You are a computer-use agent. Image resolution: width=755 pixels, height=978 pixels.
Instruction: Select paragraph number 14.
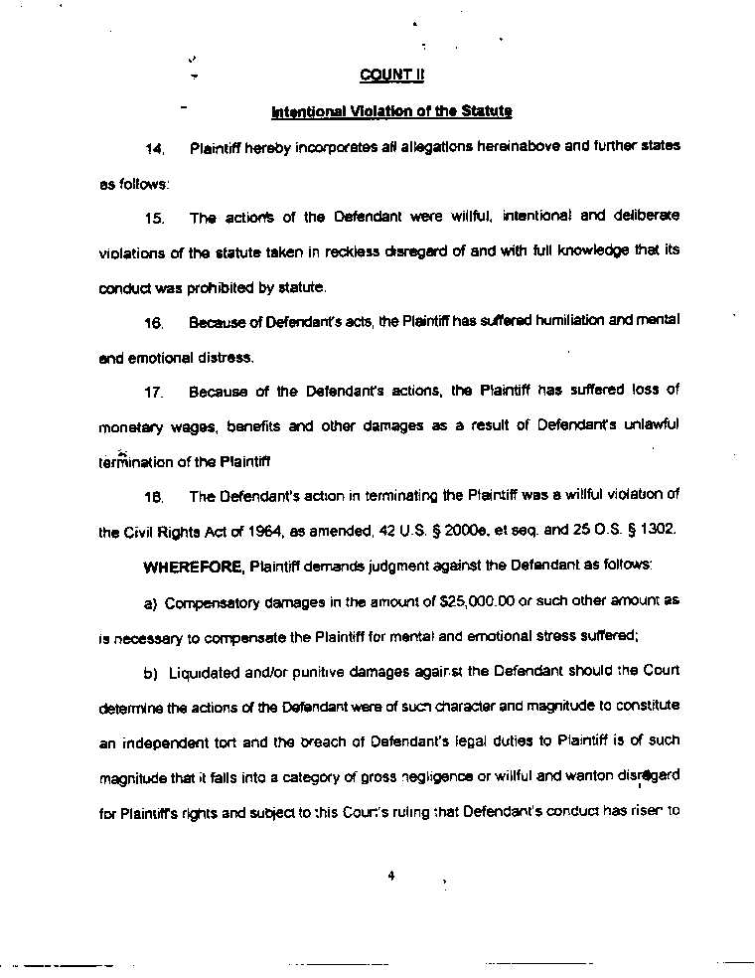click(x=154, y=148)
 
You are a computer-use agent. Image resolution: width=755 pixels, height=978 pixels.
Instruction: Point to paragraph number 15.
click(x=154, y=217)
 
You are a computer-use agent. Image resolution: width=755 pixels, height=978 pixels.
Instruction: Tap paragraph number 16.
click(x=154, y=322)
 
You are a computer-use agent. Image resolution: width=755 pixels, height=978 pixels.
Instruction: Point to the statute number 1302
click(x=659, y=530)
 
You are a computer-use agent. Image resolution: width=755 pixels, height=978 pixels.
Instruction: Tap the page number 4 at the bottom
click(x=391, y=876)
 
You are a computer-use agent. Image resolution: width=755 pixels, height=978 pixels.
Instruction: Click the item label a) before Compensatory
click(x=152, y=602)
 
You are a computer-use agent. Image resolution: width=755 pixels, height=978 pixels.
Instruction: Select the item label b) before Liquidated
click(x=152, y=672)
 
